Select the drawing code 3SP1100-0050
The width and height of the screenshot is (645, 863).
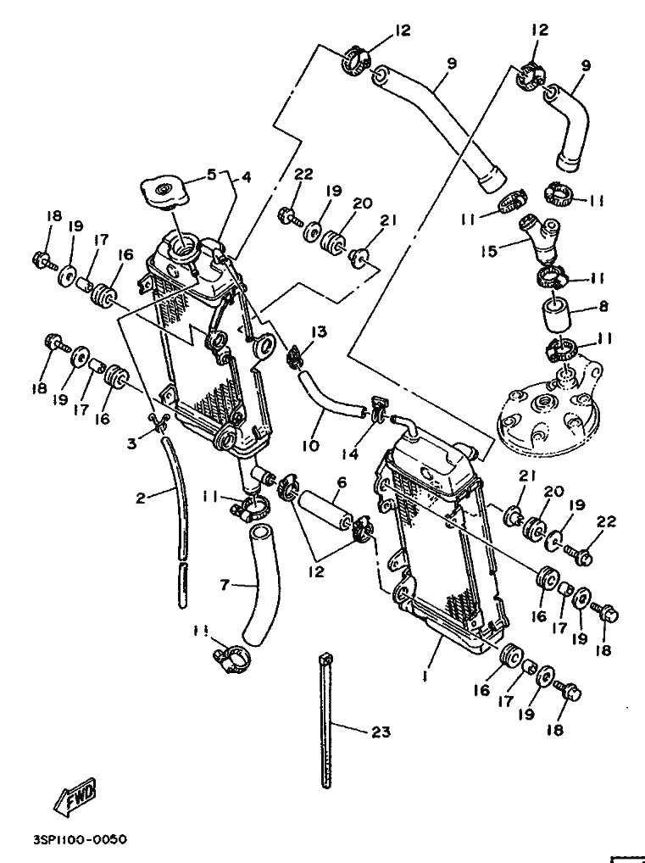pos(80,840)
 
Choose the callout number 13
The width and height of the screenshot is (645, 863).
pos(317,331)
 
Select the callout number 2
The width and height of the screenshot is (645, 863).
pos(141,498)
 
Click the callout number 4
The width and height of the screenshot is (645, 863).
pos(246,177)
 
